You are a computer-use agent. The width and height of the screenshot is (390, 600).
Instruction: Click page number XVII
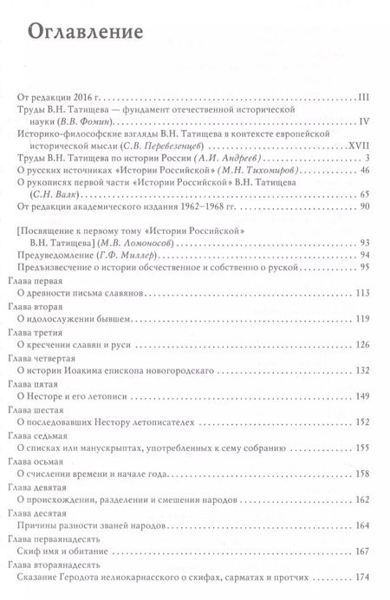point(358,148)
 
